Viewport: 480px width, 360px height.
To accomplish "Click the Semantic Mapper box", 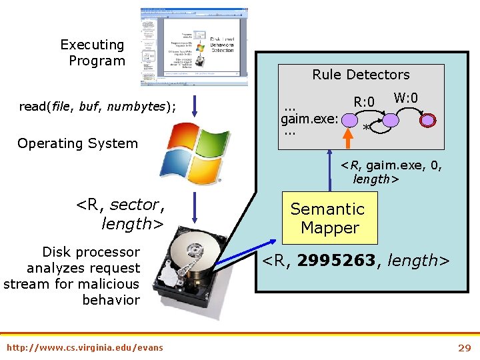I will click(x=329, y=218).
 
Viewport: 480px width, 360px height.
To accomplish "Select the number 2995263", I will click(x=336, y=261).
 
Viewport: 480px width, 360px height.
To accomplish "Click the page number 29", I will click(x=464, y=347).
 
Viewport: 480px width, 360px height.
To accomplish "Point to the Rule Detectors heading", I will click(x=361, y=75).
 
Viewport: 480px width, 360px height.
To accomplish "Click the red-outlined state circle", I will click(x=429, y=121).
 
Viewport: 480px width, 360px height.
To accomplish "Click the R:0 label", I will click(x=365, y=102).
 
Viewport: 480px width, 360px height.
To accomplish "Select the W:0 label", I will click(x=405, y=98).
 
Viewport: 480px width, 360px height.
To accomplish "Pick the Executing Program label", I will click(x=93, y=53).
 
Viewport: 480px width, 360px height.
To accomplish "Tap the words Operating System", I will click(x=77, y=143).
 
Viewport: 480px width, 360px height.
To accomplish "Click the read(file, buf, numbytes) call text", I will click(x=98, y=106).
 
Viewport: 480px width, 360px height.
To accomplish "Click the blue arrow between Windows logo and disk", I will click(x=193, y=207).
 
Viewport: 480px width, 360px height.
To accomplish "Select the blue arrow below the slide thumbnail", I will click(x=193, y=105).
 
